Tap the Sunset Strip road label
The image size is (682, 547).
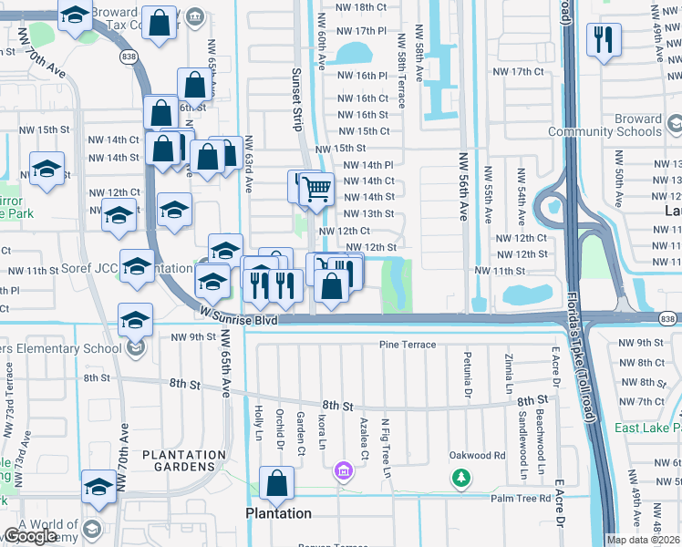(x=296, y=98)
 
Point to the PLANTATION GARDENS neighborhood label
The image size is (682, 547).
(x=184, y=460)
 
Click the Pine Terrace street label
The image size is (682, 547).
(x=408, y=345)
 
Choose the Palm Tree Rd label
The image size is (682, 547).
(x=521, y=499)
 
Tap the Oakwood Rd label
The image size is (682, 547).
(x=477, y=455)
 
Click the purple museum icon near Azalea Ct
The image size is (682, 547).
(x=344, y=471)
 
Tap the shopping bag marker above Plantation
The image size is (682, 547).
(x=276, y=483)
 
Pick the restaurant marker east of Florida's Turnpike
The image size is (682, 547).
(x=604, y=40)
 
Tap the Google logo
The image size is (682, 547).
(x=30, y=537)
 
